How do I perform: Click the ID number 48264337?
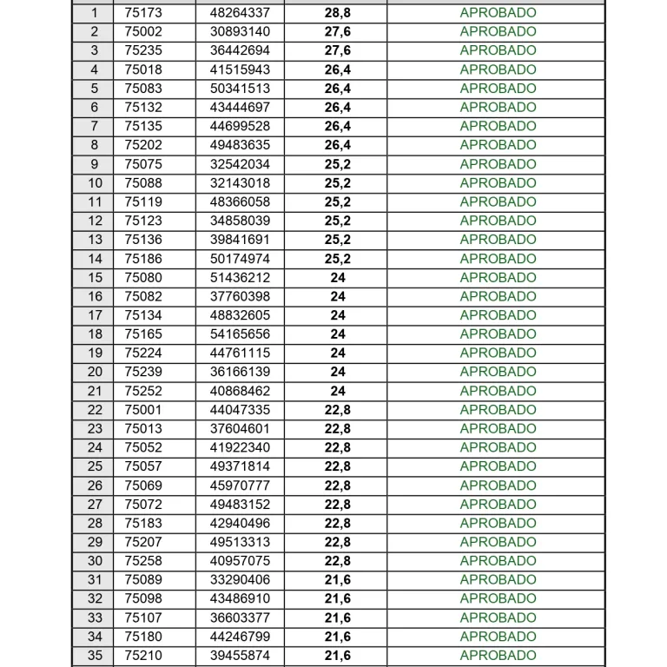click(240, 13)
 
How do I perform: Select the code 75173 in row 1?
click(143, 13)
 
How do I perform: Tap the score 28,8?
click(338, 13)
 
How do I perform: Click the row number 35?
click(95, 656)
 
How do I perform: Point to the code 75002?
click(143, 31)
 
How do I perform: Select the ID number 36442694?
click(240, 50)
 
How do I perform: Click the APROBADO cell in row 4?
click(498, 69)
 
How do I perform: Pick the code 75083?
click(143, 89)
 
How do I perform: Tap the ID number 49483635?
click(240, 145)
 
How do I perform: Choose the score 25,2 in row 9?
click(338, 164)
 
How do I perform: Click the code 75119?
click(143, 201)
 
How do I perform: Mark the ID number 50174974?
click(240, 259)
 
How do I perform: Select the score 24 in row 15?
click(338, 278)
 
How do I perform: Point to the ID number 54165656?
click(240, 334)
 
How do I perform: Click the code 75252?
click(143, 391)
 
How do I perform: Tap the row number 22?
click(95, 410)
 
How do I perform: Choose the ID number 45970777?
click(240, 485)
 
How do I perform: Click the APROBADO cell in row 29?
click(498, 542)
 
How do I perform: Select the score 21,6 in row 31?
click(338, 580)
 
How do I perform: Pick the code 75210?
click(143, 656)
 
